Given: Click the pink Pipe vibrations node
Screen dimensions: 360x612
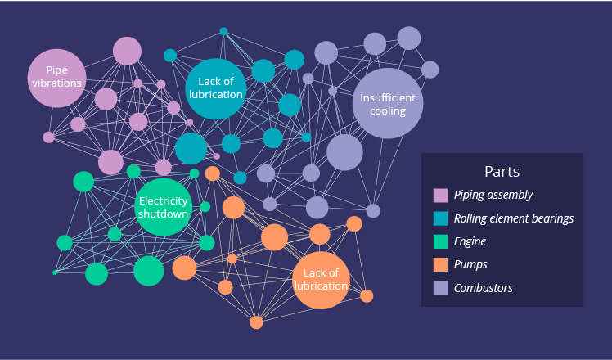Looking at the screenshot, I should pos(56,78).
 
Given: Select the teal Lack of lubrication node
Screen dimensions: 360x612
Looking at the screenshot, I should pos(216,88).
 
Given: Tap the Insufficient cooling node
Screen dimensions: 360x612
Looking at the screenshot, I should pos(388,104).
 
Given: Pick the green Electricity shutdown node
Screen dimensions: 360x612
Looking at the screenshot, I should pos(164,207).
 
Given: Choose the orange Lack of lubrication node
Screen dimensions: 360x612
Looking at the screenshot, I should pos(321,280).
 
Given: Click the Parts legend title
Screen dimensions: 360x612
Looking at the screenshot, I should pos(502,172).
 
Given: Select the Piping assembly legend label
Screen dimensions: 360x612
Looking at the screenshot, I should pos(493,195).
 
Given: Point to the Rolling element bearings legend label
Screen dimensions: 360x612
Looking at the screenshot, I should pos(514,218).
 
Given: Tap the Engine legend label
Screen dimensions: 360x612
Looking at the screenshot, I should pos(470,241).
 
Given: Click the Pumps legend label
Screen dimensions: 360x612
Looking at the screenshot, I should pos(471,264).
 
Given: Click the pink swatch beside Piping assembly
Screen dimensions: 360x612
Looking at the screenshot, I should pos(440,196).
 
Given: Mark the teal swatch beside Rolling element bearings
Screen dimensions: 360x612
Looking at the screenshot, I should pos(440,218).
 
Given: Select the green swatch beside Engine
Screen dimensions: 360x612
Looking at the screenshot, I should pos(440,241).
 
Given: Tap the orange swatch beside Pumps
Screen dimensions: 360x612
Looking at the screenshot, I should pos(440,264).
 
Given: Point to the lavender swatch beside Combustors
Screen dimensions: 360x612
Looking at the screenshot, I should pos(440,287).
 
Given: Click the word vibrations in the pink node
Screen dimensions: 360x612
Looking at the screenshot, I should pos(56,83).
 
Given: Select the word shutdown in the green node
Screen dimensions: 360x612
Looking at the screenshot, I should pos(164,214).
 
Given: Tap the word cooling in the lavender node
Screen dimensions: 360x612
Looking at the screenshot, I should pos(388,111).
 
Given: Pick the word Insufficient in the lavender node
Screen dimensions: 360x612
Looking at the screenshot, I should pos(388,98).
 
